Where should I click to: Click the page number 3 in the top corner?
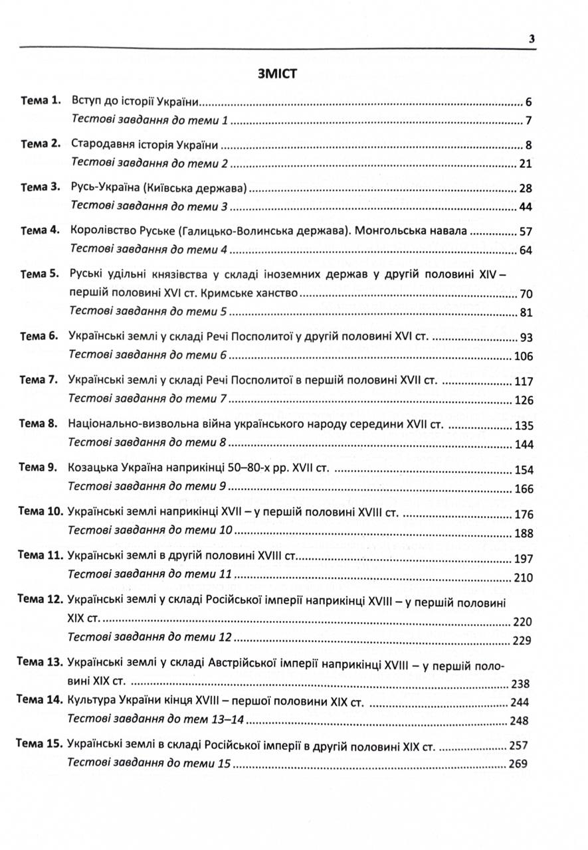click(x=532, y=39)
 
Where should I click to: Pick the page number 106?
click(x=524, y=357)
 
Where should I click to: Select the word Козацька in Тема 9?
click(x=90, y=468)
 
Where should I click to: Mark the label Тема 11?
click(x=40, y=555)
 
